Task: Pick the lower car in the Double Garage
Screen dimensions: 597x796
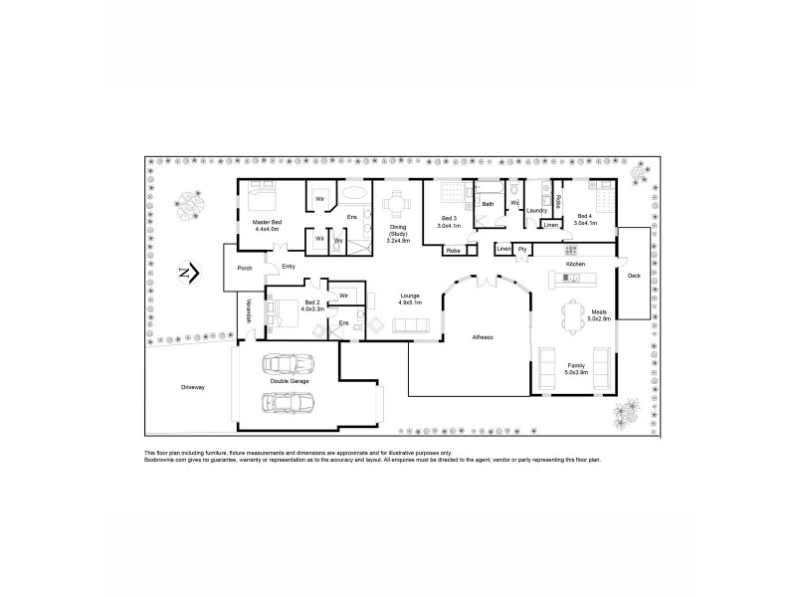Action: (x=289, y=402)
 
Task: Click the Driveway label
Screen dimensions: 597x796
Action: (x=193, y=386)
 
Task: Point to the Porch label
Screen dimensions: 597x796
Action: (x=244, y=268)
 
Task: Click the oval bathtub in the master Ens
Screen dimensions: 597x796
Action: (x=353, y=195)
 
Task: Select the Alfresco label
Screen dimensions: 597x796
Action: (x=484, y=338)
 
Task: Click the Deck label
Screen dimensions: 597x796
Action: (x=634, y=275)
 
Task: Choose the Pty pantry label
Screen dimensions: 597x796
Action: (x=521, y=248)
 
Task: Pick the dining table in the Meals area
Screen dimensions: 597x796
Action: (x=574, y=315)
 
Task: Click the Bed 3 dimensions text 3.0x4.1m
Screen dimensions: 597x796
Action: (x=449, y=225)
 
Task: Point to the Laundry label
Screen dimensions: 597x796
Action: (x=538, y=210)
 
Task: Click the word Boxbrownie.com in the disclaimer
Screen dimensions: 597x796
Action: (x=167, y=460)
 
